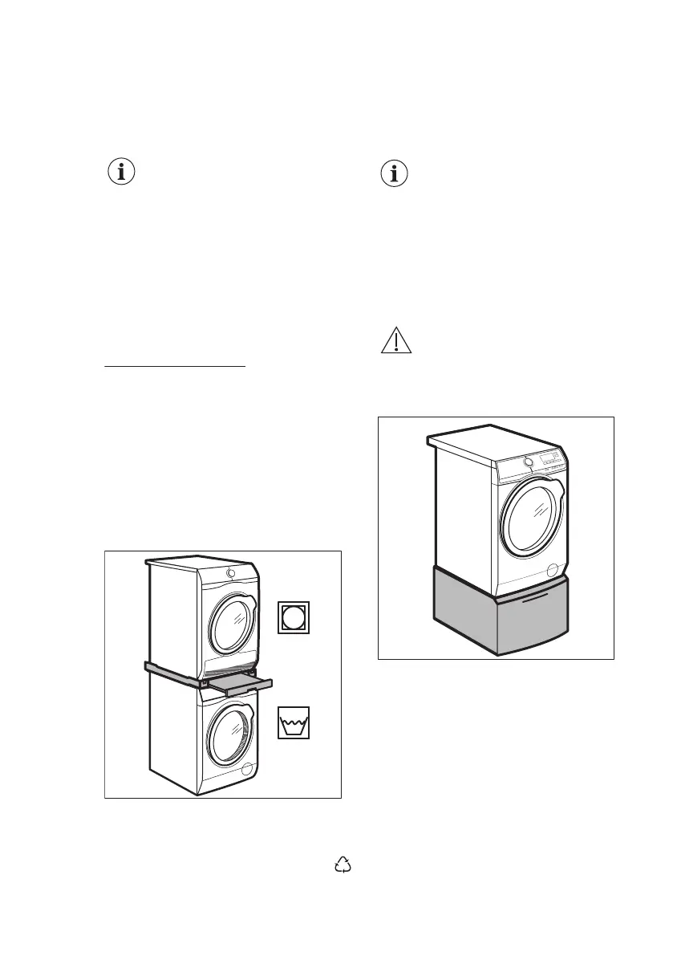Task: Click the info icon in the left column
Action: click(121, 173)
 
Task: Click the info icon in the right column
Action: click(393, 174)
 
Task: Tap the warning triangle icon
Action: click(395, 341)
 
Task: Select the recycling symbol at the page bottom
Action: click(343, 864)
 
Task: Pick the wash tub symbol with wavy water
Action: click(294, 722)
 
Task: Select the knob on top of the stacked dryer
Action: click(231, 573)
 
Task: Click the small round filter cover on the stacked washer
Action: click(247, 769)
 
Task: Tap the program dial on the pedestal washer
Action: click(528, 462)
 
